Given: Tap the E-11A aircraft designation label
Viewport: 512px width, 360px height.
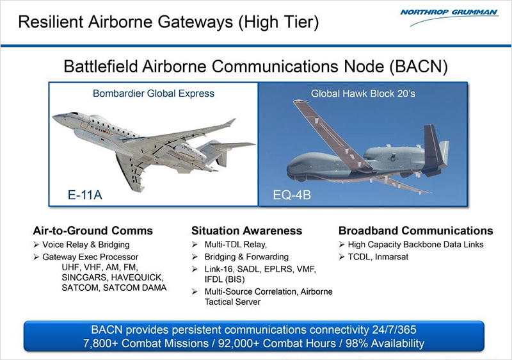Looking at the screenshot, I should point(85,194).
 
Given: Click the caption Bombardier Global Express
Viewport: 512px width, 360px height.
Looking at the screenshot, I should point(154,94).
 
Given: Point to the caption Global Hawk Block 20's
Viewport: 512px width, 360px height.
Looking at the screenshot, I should point(364,94).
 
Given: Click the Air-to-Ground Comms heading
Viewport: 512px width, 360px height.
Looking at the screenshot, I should point(93,231).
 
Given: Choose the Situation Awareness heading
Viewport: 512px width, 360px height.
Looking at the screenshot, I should point(246,231).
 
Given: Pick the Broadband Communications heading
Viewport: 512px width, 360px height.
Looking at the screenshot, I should point(415,231).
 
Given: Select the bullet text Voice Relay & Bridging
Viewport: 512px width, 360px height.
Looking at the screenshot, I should point(86,245).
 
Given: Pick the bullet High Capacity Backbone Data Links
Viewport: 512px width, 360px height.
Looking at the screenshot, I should point(415,245).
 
